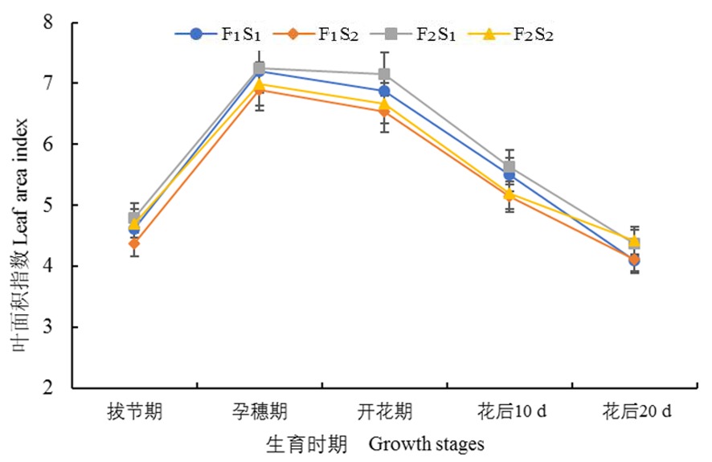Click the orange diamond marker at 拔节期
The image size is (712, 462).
coord(135,243)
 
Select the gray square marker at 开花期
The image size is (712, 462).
coord(384,75)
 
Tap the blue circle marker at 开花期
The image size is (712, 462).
coord(384,92)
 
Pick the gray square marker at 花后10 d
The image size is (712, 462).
coord(509,167)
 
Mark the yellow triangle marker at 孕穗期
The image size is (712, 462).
coord(260,84)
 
